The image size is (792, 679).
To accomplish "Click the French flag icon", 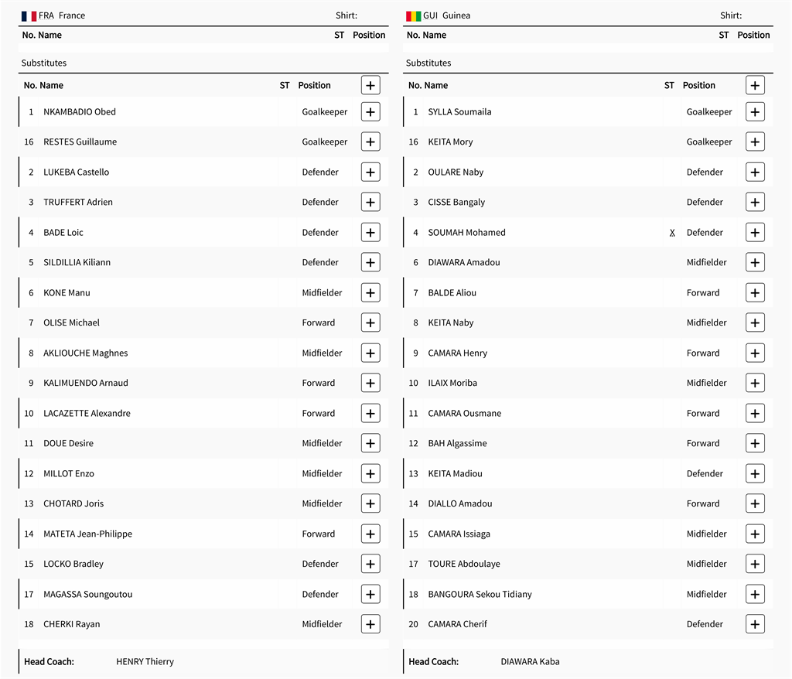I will click(x=29, y=15).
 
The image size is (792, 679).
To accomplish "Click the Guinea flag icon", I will click(x=413, y=15).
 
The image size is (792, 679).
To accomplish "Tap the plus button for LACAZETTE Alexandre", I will click(x=370, y=413).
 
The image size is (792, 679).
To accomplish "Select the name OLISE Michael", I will click(x=71, y=322).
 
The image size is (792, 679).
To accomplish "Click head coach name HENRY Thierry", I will click(x=145, y=661).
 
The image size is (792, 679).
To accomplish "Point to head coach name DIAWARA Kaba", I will click(x=530, y=661).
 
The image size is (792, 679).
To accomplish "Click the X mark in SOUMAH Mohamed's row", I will click(x=672, y=233).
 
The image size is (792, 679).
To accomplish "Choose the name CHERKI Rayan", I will click(x=71, y=624).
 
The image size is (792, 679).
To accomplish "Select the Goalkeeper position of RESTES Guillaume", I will click(x=325, y=142).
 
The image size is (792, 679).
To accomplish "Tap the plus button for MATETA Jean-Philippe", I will click(x=370, y=534).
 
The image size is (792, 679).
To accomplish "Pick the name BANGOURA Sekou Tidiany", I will click(x=480, y=594).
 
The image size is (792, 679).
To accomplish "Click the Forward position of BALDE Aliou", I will click(x=703, y=292).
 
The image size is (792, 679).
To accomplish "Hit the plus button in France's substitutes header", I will click(x=370, y=85).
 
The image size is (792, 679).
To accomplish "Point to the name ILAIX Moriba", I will click(x=452, y=383).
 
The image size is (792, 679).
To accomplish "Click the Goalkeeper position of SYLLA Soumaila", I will click(x=709, y=111).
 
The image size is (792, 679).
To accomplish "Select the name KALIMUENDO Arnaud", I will click(x=86, y=383).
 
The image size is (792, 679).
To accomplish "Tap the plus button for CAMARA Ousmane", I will click(x=755, y=413).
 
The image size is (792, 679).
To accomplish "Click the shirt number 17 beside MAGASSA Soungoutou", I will click(x=29, y=594).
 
